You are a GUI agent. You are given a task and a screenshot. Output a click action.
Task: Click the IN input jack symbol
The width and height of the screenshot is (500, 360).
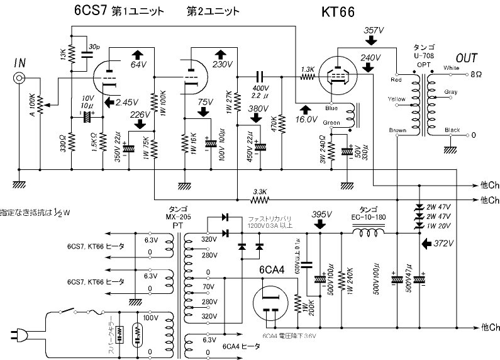20,78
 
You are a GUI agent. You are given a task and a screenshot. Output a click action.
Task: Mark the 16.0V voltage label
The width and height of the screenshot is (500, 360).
307,118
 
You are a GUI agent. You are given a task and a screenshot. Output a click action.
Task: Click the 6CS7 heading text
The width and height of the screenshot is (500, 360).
87,11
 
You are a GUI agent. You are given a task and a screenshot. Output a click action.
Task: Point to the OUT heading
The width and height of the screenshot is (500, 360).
467,57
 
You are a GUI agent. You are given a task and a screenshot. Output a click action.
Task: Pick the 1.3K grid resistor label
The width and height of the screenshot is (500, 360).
308,69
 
